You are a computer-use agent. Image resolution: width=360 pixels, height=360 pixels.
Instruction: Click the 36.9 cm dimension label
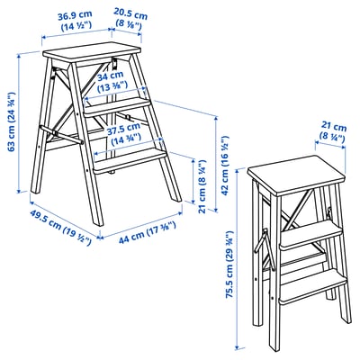76,21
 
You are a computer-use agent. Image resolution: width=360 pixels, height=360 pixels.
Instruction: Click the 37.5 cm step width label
122,134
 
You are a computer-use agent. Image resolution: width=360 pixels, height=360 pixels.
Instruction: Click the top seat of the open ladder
94,51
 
